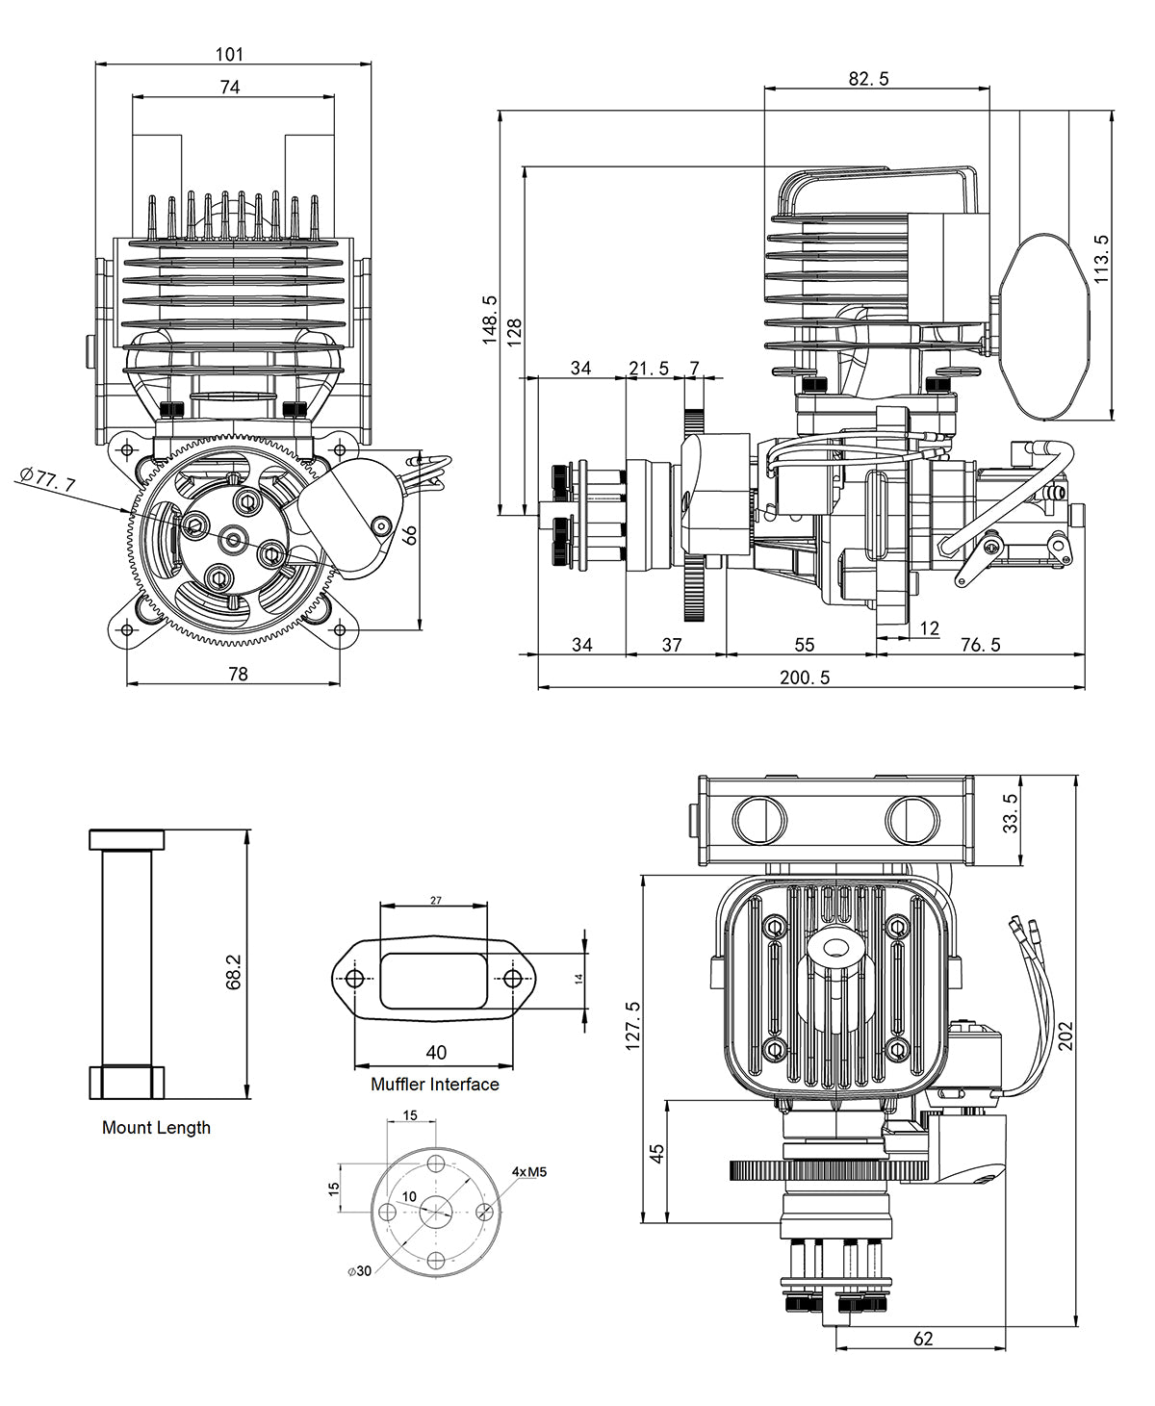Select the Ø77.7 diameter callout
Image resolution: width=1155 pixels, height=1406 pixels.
[47, 478]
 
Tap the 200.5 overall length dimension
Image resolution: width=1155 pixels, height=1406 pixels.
[805, 677]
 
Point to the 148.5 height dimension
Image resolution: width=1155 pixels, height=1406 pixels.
[489, 320]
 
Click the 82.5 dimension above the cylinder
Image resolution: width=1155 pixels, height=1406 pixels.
[868, 79]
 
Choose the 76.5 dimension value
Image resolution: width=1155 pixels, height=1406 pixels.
[980, 645]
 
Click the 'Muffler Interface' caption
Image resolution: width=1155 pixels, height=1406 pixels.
[435, 1085]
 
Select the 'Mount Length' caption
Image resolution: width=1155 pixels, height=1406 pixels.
[156, 1128]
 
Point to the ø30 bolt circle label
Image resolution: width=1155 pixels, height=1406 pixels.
[359, 1271]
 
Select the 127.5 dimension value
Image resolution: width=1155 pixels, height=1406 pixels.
[632, 1025]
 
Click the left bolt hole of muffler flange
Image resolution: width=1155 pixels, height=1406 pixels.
[355, 979]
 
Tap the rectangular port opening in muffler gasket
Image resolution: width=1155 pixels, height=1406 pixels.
[433, 979]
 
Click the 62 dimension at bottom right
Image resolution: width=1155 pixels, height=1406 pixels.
[922, 1339]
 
